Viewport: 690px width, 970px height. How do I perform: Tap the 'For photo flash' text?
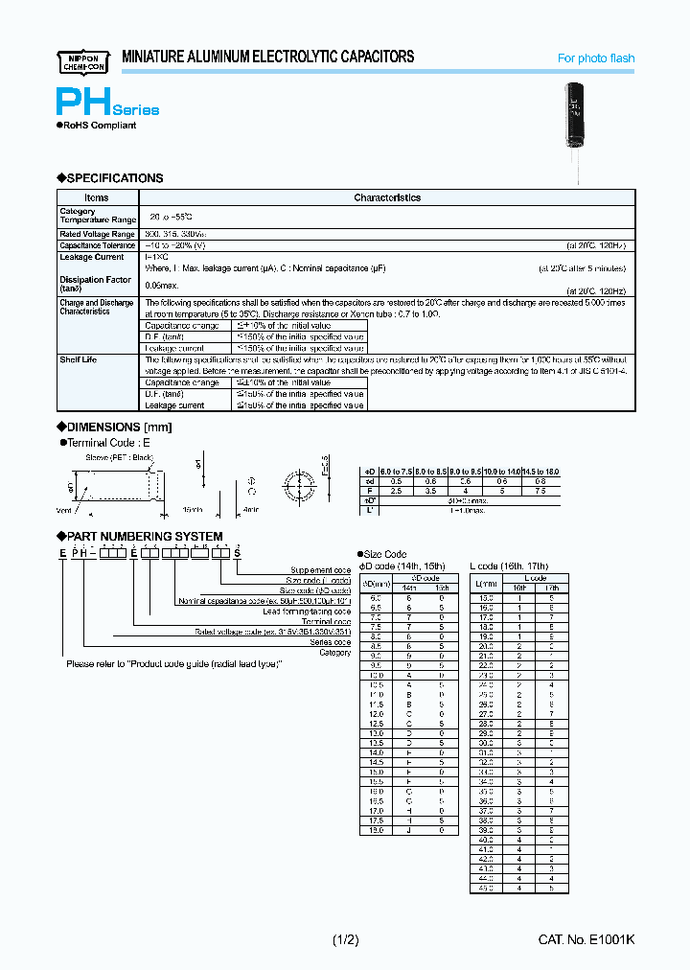[x=596, y=58]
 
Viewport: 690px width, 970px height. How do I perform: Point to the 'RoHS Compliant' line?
[x=98, y=126]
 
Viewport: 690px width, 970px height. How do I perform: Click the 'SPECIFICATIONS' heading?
[x=111, y=178]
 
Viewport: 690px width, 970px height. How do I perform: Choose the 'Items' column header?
[x=97, y=197]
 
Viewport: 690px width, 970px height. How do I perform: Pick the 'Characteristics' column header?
[x=387, y=197]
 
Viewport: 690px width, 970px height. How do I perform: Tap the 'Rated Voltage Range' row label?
[x=97, y=234]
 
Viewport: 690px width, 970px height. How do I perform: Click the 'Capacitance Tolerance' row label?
[x=98, y=245]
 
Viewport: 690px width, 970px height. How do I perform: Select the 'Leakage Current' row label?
[x=92, y=258]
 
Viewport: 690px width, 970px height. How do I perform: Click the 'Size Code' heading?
[x=385, y=554]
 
